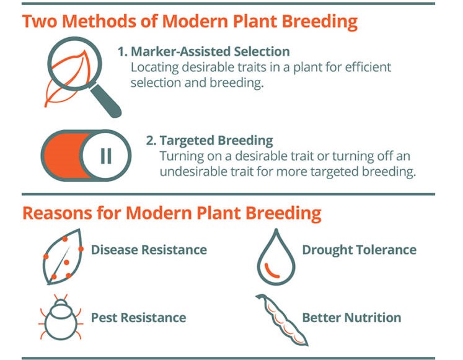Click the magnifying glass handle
pos(106,101)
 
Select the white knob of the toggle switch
pos(105,156)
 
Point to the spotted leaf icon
pos(63,257)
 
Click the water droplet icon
pos(276,257)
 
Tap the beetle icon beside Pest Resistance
pos(61,317)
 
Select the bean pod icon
pos(282,320)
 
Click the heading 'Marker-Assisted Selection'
pos(210,51)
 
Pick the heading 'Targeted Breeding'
pos(216,141)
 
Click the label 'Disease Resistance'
pos(149,250)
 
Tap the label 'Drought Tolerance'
pos(359,250)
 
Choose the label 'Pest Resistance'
pos(138,318)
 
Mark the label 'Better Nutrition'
pos(351,318)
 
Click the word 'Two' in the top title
pos(40,21)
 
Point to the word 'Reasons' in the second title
pos(57,213)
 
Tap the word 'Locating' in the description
pos(155,68)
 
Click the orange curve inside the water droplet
pos(271,271)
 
